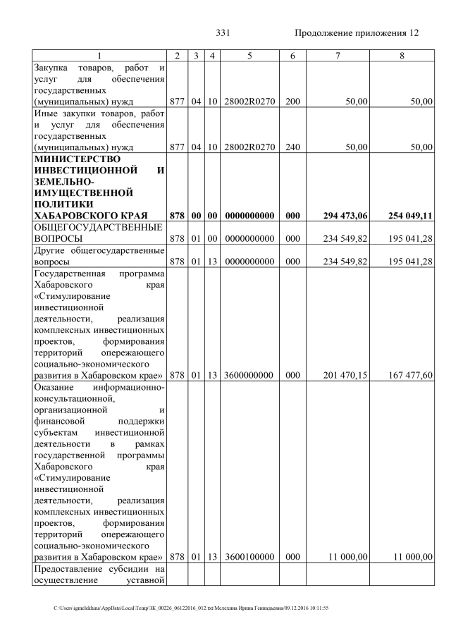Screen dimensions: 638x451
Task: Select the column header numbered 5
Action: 249,55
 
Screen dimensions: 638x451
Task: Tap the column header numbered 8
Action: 401,55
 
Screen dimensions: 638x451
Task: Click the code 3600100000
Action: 249,557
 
